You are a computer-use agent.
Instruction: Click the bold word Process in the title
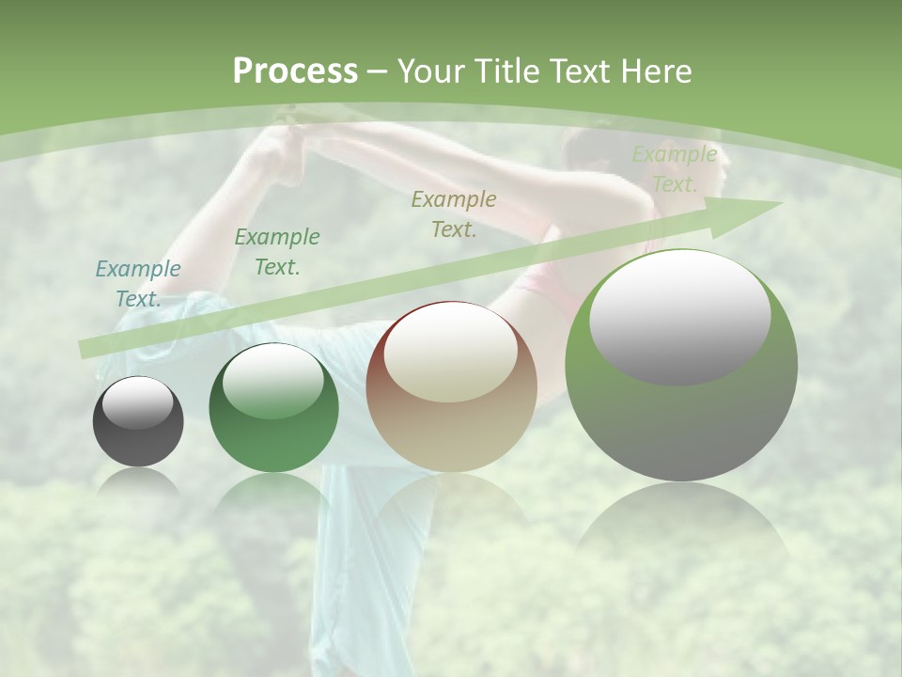point(295,71)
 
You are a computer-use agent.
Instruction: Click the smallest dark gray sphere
point(138,422)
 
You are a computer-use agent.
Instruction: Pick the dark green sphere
point(273,408)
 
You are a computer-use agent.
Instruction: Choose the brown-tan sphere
point(451,387)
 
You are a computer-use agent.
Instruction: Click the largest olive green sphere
point(681,365)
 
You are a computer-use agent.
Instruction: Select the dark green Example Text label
point(277,252)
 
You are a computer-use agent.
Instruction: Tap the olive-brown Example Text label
point(454,214)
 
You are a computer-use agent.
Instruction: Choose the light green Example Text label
point(675,169)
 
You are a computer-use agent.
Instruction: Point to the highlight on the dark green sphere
point(273,382)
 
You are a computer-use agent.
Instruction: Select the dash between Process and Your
point(378,71)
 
